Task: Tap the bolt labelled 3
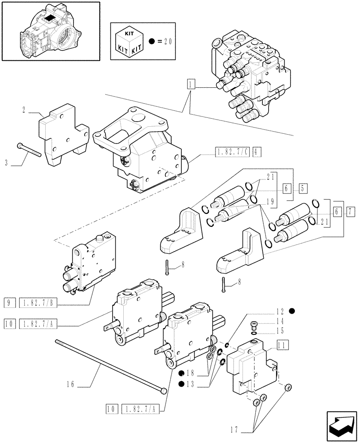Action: (x=29, y=151)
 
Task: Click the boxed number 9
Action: (x=9, y=303)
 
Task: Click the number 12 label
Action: (x=279, y=311)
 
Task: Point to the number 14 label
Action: (x=279, y=321)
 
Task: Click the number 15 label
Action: (x=279, y=330)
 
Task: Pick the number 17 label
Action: (x=234, y=429)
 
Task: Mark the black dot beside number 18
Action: (x=182, y=373)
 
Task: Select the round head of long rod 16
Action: (x=164, y=390)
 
